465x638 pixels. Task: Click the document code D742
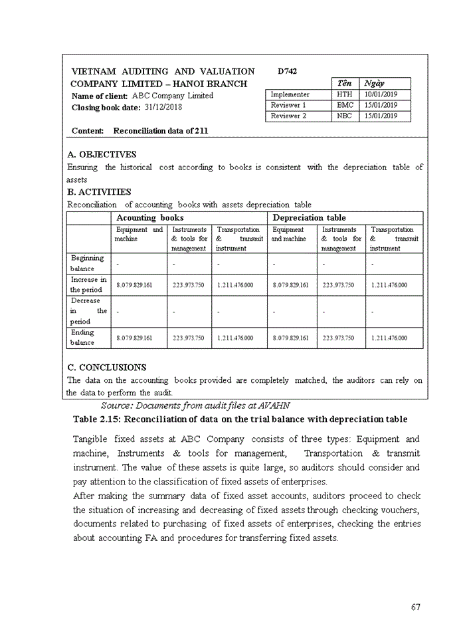[288, 71]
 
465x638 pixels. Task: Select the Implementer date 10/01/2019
[380, 94]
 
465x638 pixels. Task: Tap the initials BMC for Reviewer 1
[345, 105]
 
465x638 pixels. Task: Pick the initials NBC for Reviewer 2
[345, 116]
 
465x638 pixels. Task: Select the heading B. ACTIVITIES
[100, 192]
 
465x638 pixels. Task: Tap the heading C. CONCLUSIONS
[107, 367]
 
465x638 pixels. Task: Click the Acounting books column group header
[150, 217]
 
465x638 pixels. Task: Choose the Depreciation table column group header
[309, 217]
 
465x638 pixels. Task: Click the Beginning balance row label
[88, 263]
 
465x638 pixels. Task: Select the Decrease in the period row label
[88, 311]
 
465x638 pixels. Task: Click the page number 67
[415, 607]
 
